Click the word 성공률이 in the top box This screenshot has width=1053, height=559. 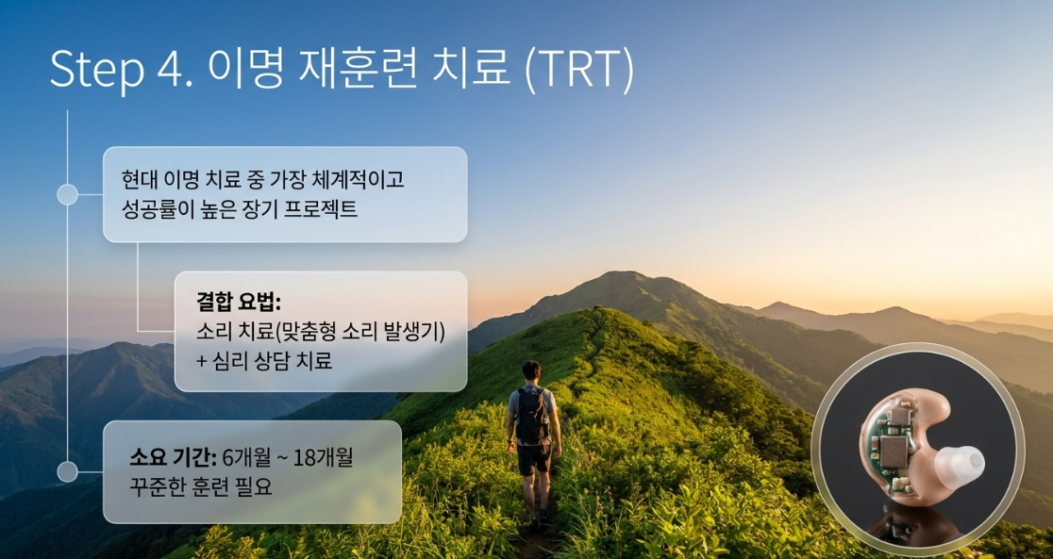[148, 208]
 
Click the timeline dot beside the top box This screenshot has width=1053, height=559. [67, 194]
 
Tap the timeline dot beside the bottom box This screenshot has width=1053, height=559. [67, 471]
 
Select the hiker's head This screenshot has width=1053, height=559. [531, 371]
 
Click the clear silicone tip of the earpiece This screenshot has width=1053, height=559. [960, 463]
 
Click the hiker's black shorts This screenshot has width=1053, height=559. [534, 458]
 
